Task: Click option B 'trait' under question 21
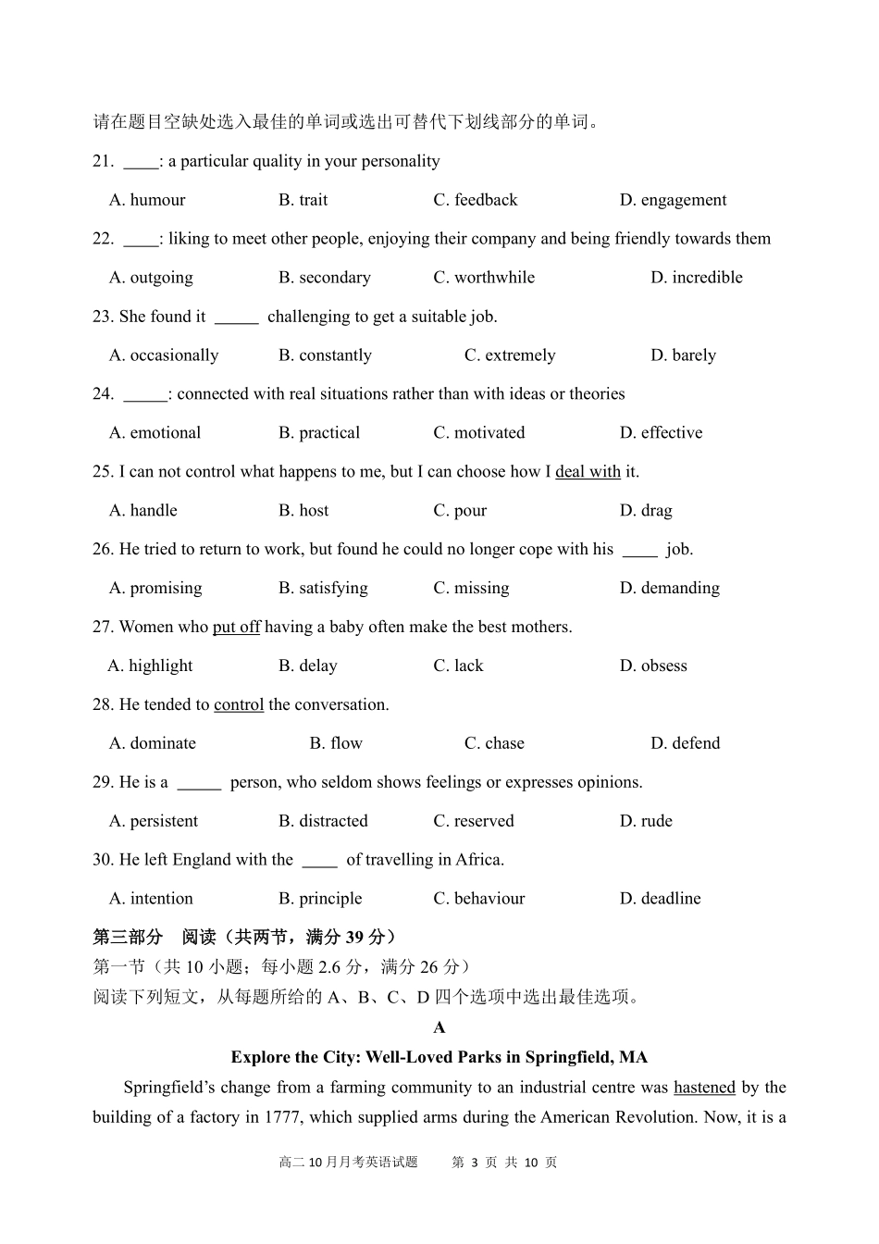[303, 200]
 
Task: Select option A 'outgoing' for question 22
[151, 278]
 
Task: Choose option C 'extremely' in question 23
[510, 355]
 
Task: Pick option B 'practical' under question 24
[319, 433]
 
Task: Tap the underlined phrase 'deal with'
[588, 472]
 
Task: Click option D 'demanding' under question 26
[669, 589]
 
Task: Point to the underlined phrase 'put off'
[236, 628]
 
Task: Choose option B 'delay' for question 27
[308, 666]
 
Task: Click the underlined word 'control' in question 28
[239, 705]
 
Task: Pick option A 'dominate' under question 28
[153, 744]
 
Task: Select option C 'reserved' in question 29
[474, 822]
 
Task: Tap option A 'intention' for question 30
[151, 900]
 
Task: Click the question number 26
[102, 550]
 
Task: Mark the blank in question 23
[236, 317]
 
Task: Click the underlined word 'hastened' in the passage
[704, 1088]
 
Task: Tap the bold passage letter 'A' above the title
[439, 1027]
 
